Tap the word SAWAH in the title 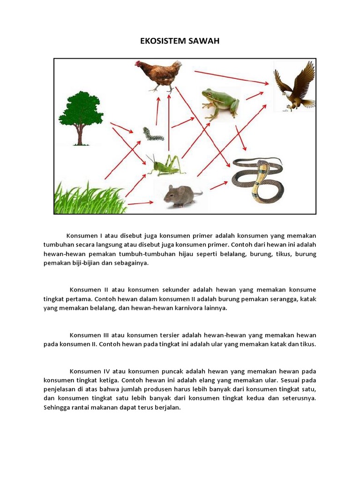click(x=202, y=41)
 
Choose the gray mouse click(x=181, y=195)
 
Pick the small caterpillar click(x=153, y=135)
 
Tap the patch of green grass click(x=89, y=199)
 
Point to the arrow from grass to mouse click(x=140, y=203)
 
